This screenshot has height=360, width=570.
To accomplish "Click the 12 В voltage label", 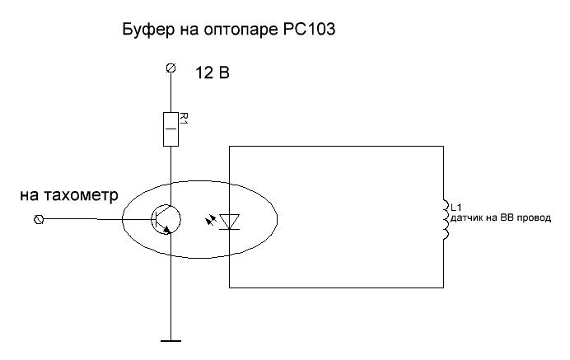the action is [x=213, y=72].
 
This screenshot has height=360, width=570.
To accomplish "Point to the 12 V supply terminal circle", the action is [x=171, y=68].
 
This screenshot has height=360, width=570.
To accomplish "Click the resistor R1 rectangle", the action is [x=171, y=129].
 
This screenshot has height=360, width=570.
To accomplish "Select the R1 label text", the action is [x=184, y=118].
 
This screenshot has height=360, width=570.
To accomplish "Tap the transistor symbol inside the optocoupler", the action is [x=166, y=219].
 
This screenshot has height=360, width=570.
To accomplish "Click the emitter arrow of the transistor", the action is [x=167, y=230].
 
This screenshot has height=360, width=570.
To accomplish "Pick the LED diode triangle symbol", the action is [x=229, y=222].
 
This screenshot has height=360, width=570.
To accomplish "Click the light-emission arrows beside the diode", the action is [x=211, y=220].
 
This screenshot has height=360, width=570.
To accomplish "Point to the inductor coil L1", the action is [x=446, y=220].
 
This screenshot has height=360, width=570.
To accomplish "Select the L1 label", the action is [x=456, y=208].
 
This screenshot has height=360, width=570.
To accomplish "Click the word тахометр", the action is [x=81, y=195].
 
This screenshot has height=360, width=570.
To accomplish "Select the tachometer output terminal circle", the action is [x=38, y=219].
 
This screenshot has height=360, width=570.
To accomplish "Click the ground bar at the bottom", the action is [x=171, y=341].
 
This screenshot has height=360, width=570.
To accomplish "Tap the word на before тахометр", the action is [x=29, y=196].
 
